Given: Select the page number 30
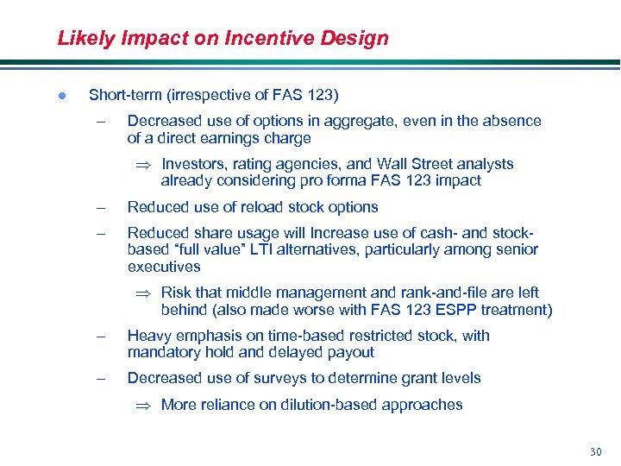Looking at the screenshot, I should (x=595, y=451).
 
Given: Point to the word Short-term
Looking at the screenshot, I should (x=122, y=95).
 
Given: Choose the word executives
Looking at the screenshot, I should (x=164, y=267).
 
